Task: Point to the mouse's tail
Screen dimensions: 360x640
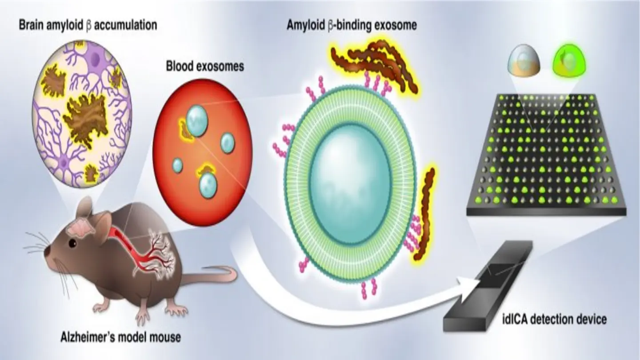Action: (x=209, y=276)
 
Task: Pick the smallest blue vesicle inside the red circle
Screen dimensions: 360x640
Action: (x=177, y=165)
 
